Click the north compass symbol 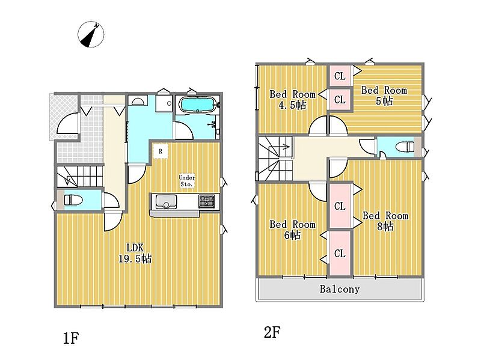[91, 34]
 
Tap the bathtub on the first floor [197, 105]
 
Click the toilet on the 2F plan [405, 147]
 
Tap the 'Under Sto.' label [187, 181]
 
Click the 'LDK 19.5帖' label [135, 253]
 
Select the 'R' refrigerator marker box [161, 151]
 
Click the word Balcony [339, 289]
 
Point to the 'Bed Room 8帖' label [385, 221]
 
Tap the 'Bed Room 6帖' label [292, 230]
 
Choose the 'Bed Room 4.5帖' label [292, 100]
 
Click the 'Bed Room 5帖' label [384, 96]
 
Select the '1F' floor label [71, 338]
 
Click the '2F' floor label [272, 332]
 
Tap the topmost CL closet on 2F [340, 76]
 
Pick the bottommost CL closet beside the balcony [340, 253]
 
